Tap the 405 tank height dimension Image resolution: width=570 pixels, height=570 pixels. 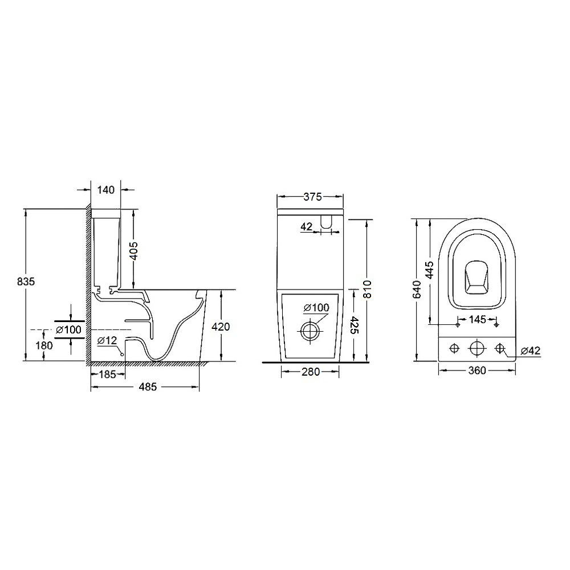(x=133, y=250)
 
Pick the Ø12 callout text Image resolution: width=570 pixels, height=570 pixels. (x=107, y=340)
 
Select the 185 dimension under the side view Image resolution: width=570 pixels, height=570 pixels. (x=107, y=374)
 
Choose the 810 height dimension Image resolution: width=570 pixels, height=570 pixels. (x=367, y=289)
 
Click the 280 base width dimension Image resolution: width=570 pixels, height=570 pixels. (x=311, y=372)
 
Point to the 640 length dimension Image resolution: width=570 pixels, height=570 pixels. (x=417, y=289)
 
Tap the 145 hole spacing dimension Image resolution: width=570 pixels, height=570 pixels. (x=477, y=319)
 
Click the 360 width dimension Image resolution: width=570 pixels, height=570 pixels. (x=477, y=371)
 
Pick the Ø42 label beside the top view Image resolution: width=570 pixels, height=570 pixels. (x=530, y=351)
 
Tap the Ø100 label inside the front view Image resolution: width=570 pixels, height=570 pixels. (x=316, y=308)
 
